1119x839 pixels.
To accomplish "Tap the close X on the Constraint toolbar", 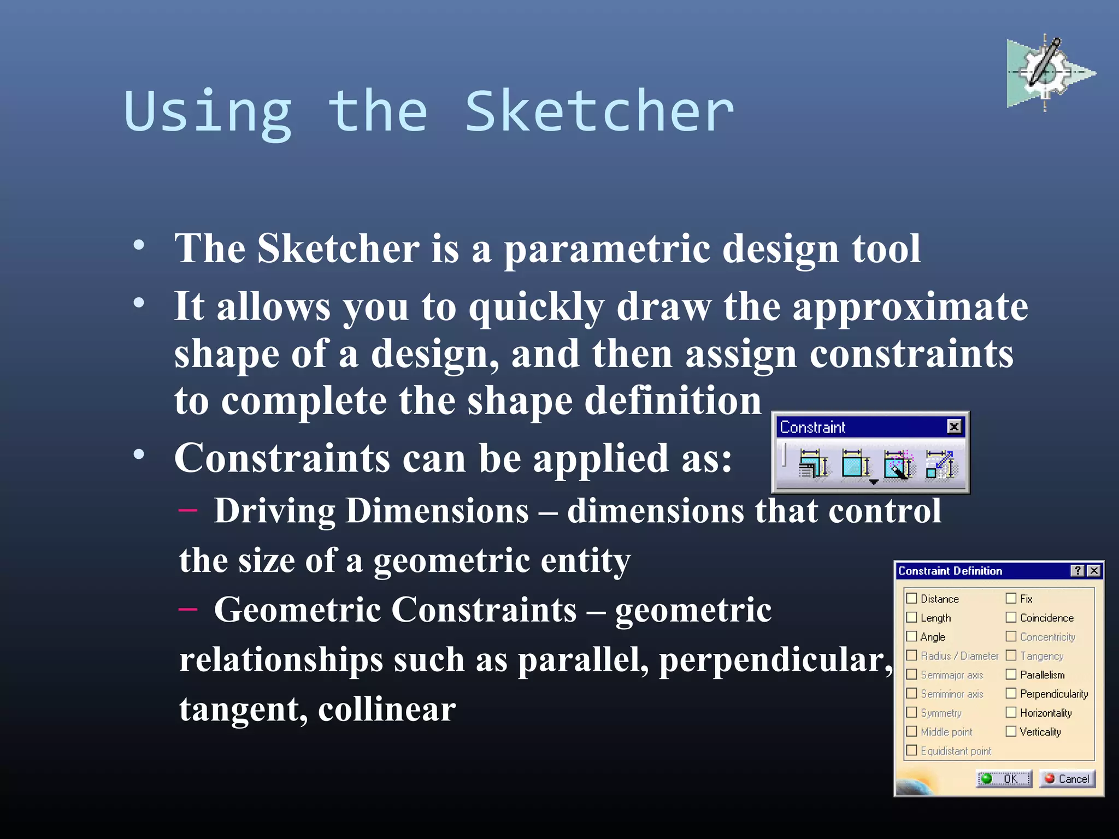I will (954, 427).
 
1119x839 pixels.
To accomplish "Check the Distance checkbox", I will (912, 598).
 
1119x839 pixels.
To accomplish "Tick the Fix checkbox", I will (1011, 598).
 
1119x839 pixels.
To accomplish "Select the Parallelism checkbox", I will (1011, 674).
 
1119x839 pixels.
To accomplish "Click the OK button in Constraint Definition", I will (1004, 778).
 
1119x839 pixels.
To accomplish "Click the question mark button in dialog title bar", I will (1077, 571).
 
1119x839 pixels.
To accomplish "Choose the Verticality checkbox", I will (1011, 731).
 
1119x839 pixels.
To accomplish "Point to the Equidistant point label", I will (956, 751).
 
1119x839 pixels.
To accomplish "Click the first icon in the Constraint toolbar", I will (813, 464).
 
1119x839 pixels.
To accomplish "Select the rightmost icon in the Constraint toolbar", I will (940, 464).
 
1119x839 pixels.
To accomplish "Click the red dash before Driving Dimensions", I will (188, 510).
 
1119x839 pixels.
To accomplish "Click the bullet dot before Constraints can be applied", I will (139, 454).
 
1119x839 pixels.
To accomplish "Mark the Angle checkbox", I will (912, 636).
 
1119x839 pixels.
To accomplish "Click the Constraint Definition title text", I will (950, 571).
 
